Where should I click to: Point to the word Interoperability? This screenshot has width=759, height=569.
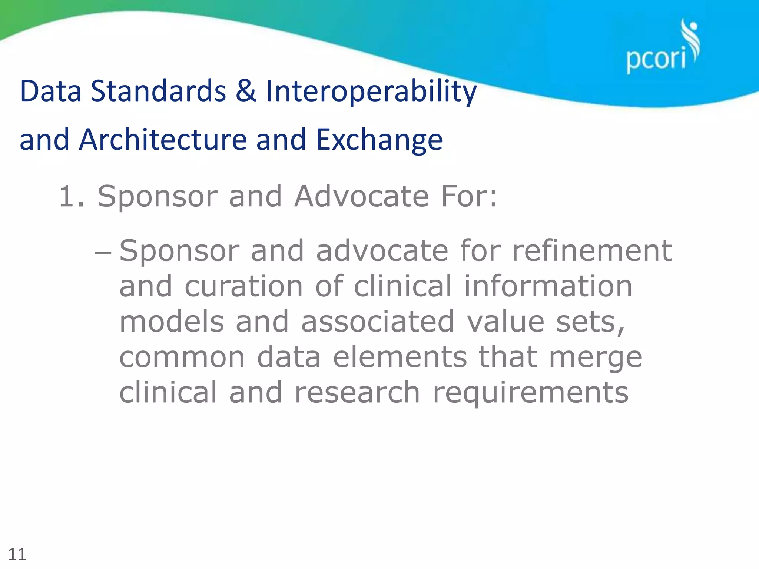click(x=371, y=91)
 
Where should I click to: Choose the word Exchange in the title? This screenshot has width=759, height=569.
click(x=379, y=140)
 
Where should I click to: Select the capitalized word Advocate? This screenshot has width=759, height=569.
click(x=361, y=196)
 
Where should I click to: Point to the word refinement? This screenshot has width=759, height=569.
click(x=592, y=251)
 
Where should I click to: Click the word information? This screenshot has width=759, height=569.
click(x=548, y=286)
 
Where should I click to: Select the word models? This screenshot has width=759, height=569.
click(x=172, y=322)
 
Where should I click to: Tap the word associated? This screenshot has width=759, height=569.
click(x=377, y=322)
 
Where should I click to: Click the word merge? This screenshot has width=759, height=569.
click(x=595, y=358)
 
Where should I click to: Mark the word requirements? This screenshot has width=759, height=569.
click(x=530, y=393)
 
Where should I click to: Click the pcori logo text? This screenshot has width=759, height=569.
click(x=656, y=59)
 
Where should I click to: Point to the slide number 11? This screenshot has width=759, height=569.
click(x=17, y=555)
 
